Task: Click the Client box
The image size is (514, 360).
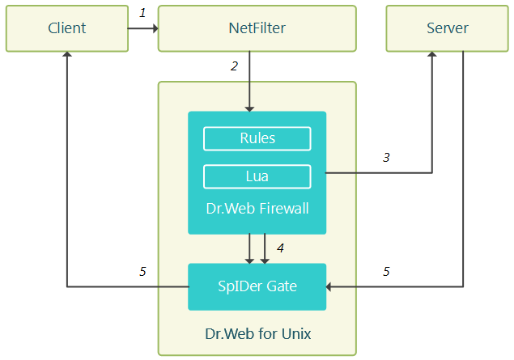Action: (67, 28)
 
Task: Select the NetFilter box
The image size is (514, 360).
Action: (257, 28)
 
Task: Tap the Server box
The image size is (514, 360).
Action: (447, 28)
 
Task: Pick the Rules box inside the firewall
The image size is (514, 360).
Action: (257, 138)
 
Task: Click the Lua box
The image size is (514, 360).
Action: (257, 176)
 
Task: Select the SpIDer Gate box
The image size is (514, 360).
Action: (257, 286)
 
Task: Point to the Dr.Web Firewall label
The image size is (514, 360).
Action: (257, 209)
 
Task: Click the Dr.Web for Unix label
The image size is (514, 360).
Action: (258, 334)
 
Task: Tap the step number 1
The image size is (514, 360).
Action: (142, 13)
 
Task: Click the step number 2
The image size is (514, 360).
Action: (234, 66)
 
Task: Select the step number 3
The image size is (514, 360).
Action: (386, 158)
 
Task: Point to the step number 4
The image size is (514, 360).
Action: (280, 248)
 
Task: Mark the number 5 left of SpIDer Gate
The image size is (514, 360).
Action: (142, 272)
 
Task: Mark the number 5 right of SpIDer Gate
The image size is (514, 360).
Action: (386, 272)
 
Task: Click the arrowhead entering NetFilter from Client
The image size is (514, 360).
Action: (155, 28)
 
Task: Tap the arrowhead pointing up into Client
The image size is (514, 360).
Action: (67, 54)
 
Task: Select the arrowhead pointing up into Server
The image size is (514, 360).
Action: (432, 54)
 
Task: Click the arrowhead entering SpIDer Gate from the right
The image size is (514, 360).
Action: (329, 287)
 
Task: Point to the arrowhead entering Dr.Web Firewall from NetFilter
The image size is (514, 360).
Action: (249, 109)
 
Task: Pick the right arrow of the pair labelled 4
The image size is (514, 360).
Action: (265, 248)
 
